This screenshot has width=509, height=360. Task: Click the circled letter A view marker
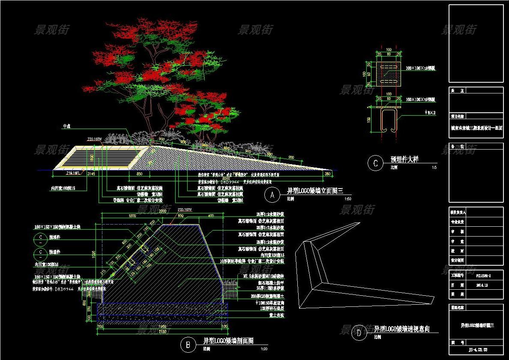tap(272, 195)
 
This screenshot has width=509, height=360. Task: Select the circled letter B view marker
tap(188, 344)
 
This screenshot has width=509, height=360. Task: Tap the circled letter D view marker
tap(359, 333)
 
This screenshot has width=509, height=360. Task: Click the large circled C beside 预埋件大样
tap(376, 163)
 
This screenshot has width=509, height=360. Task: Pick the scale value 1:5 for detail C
tap(434, 168)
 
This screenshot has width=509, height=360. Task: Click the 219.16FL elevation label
tap(72, 174)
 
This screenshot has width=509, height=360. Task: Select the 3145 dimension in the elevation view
tap(91, 174)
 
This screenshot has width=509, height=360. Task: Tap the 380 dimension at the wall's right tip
tap(328, 174)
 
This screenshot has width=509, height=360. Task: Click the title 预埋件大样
tap(404, 159)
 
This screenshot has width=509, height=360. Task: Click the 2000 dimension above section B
tap(163, 212)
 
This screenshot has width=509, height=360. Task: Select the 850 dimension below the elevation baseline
tap(139, 174)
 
